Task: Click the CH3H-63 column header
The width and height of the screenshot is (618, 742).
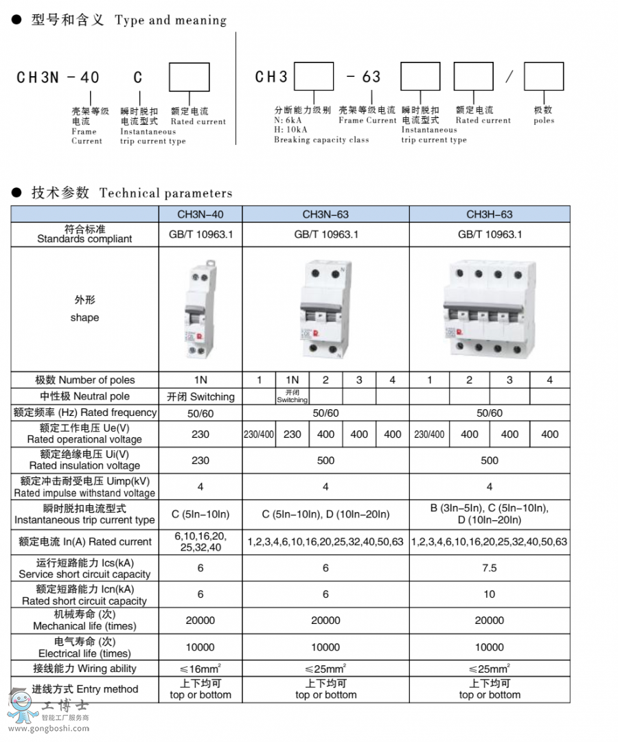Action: [489, 214]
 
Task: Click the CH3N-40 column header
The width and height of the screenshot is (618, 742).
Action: [201, 214]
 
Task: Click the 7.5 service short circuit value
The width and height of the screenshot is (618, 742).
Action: [489, 568]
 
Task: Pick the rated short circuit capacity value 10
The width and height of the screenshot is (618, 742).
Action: [489, 594]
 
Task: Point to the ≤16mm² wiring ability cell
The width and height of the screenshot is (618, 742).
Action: [201, 669]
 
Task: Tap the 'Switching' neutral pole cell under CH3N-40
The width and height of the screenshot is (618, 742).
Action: [201, 397]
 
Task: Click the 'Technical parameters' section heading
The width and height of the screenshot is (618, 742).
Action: [165, 193]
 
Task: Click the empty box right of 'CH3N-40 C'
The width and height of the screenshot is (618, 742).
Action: [190, 77]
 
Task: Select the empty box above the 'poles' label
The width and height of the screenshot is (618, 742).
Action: [544, 76]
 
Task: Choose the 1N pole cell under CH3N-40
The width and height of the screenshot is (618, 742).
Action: [201, 380]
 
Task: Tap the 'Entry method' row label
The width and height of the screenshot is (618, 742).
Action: [84, 689]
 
